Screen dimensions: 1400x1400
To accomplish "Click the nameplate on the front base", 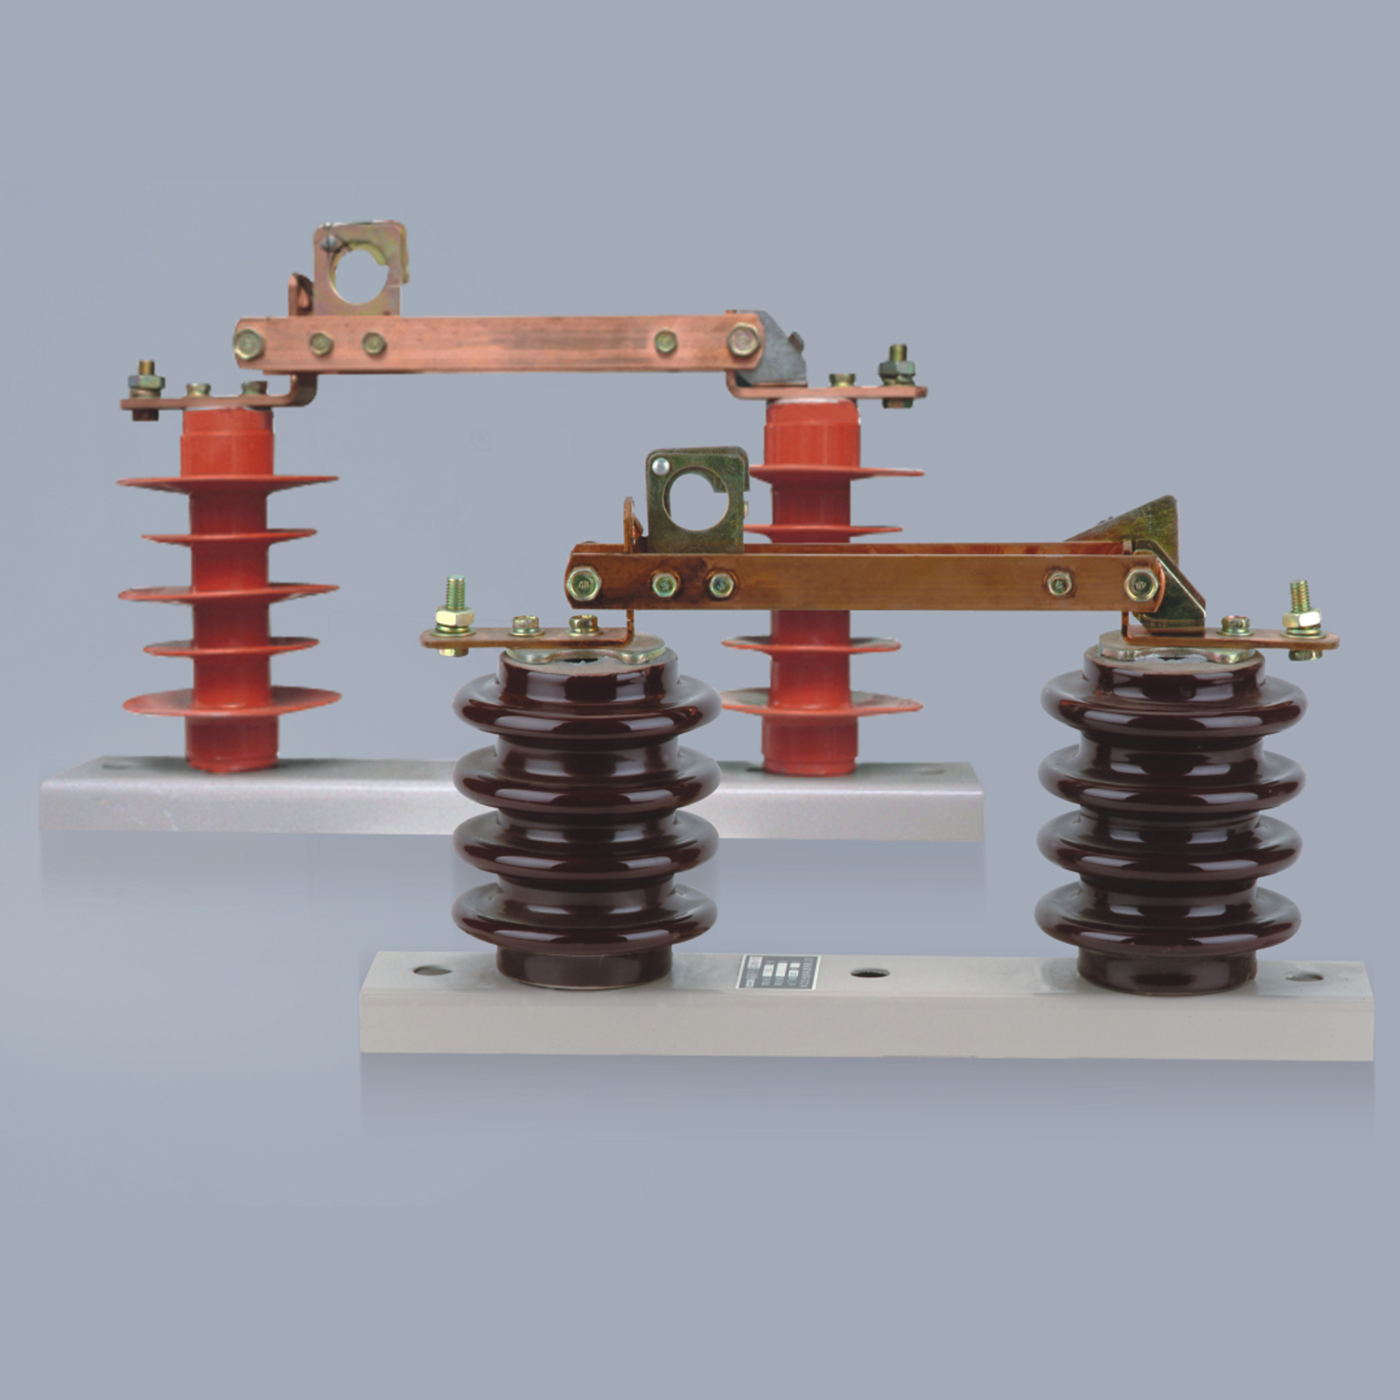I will (778, 972).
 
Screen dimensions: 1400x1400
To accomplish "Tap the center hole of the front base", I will (869, 973).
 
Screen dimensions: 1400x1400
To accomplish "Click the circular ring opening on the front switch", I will (696, 502).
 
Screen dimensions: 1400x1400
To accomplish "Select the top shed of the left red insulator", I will (227, 480).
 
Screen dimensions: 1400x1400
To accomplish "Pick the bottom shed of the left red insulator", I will (231, 700).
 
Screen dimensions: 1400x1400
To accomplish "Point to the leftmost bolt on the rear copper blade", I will (248, 343).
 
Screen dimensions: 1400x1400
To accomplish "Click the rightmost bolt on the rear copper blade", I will (744, 339).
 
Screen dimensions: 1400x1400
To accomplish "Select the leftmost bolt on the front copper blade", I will (583, 584).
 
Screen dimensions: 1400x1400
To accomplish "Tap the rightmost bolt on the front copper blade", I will (1141, 582).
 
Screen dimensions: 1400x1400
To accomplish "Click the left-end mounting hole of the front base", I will (432, 969).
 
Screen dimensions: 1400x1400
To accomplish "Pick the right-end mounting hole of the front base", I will (1304, 976).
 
